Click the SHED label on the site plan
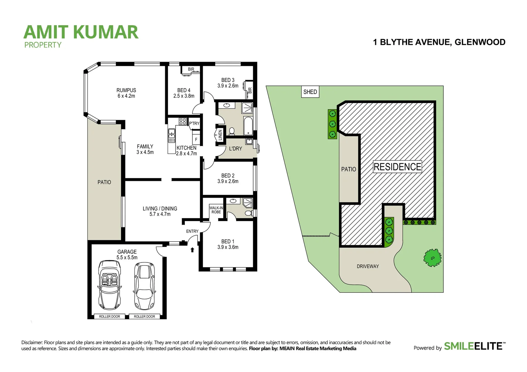[x=310, y=92]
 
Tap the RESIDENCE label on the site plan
[x=397, y=167]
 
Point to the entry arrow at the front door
[x=192, y=250]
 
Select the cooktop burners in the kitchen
[x=182, y=121]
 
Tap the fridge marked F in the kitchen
[x=196, y=139]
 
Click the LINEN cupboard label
[x=220, y=135]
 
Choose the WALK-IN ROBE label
[x=216, y=210]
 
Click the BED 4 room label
[x=184, y=93]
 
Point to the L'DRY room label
[x=236, y=149]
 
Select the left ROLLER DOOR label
[x=109, y=317]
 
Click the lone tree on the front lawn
[x=432, y=258]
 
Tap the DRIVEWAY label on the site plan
[x=368, y=266]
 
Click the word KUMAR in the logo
[x=106, y=32]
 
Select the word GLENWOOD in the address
[x=480, y=42]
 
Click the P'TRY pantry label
[x=194, y=123]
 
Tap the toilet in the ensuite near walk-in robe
[x=248, y=213]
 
